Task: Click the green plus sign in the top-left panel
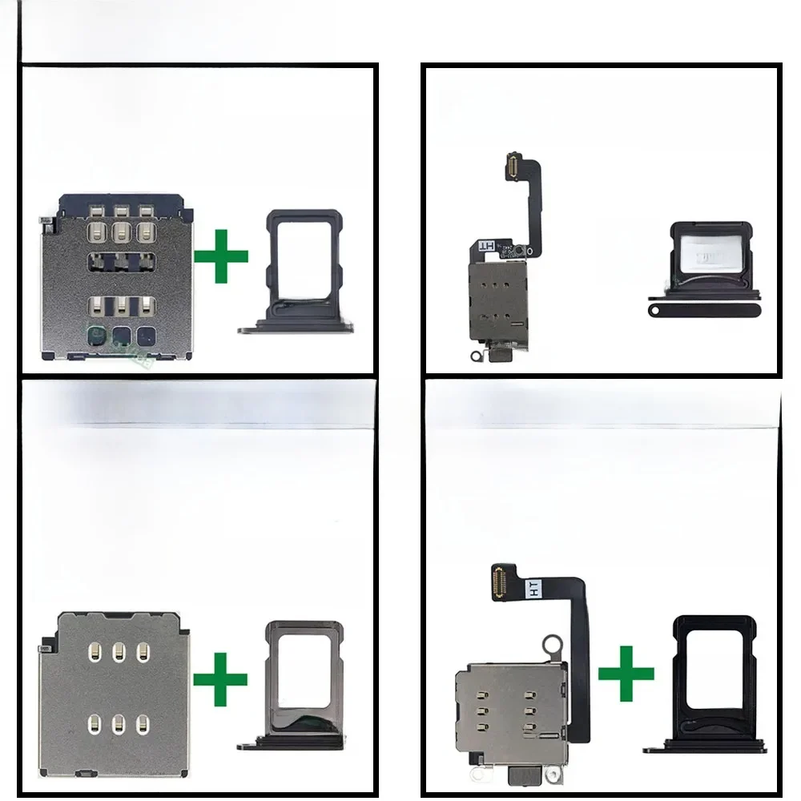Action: tap(221, 256)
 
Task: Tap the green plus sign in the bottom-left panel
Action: tap(219, 678)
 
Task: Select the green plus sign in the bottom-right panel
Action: tap(626, 672)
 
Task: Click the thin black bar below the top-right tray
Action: tap(704, 307)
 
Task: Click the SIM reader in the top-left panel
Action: tap(117, 277)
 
